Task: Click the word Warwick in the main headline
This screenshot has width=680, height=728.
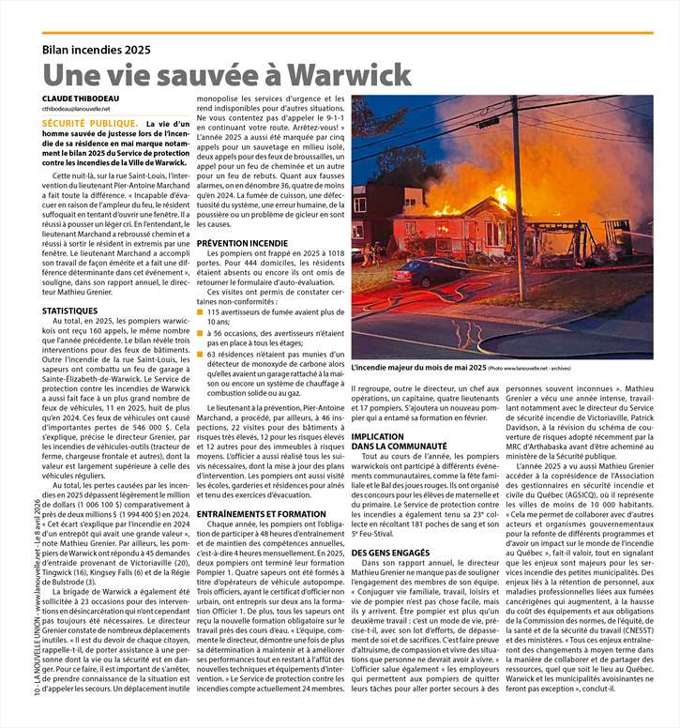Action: (x=349, y=74)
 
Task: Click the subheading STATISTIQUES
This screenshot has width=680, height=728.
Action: (x=69, y=310)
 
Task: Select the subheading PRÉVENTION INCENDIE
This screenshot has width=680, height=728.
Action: (x=242, y=243)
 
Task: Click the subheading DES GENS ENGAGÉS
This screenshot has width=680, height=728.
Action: (x=390, y=553)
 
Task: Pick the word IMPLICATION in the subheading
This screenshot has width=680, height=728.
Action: (x=378, y=436)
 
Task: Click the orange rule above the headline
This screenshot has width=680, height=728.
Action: (x=347, y=34)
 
